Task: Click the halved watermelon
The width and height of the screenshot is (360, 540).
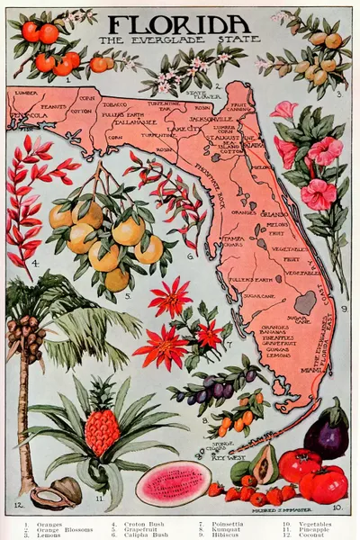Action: [x=172, y=483]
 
